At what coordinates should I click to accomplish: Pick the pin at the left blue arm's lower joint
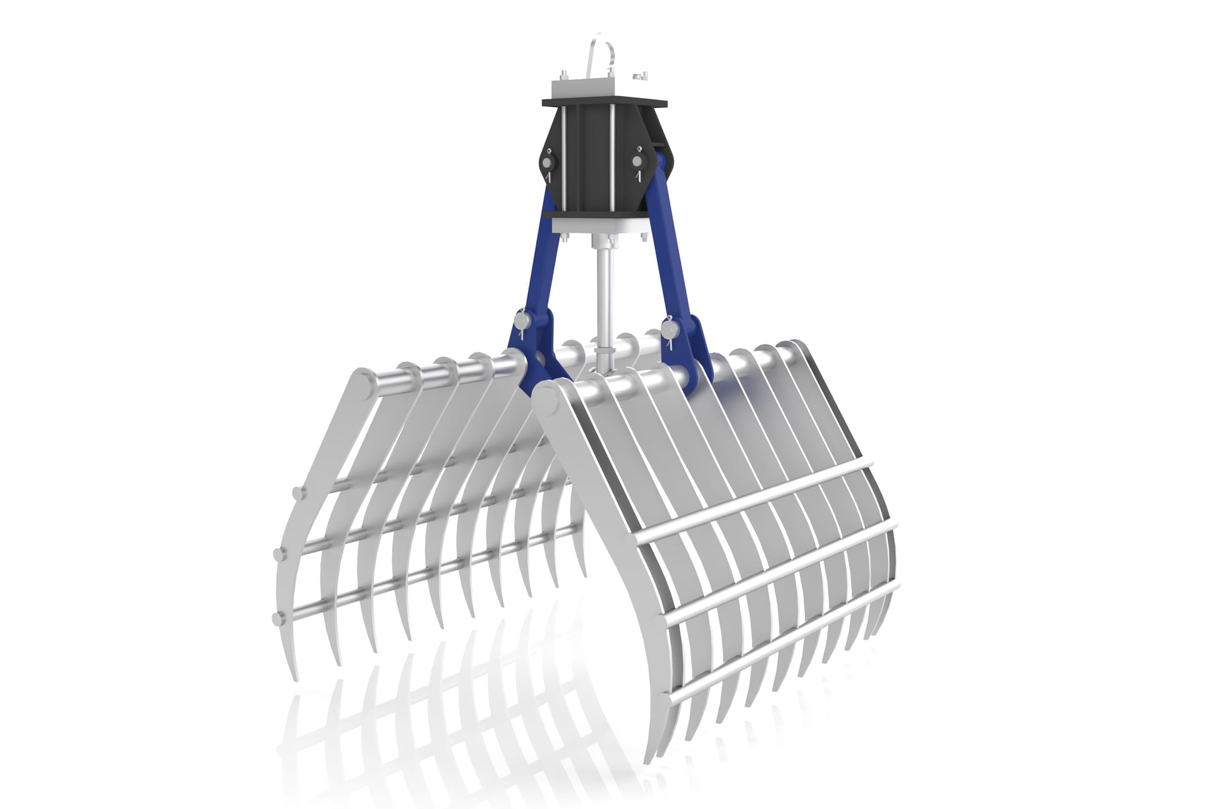pyautogui.click(x=522, y=323)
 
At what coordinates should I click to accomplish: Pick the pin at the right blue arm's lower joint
pyautogui.click(x=668, y=327)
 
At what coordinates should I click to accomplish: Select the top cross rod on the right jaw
pyautogui.click(x=752, y=503)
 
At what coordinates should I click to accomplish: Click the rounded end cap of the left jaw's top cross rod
pyautogui.click(x=295, y=492)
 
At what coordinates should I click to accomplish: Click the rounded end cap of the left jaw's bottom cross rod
pyautogui.click(x=276, y=617)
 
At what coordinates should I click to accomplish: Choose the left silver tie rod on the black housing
pyautogui.click(x=563, y=158)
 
